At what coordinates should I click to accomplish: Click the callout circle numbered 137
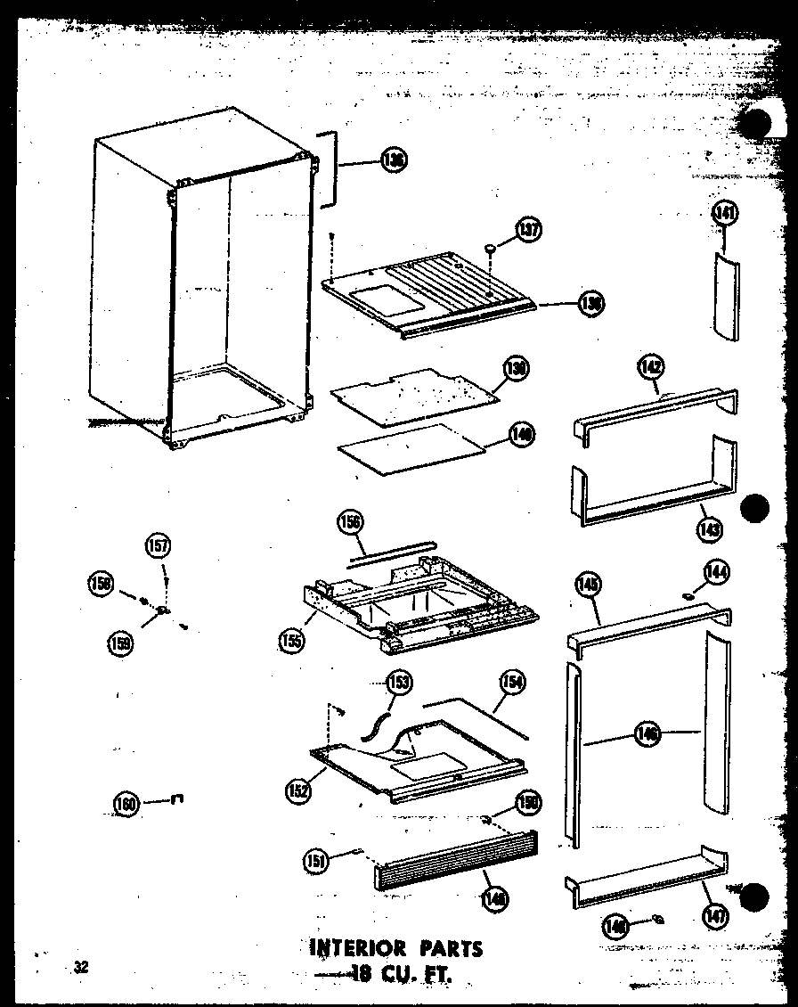pos(529,231)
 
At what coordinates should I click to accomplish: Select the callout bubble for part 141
pos(726,214)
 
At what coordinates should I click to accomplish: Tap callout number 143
pos(711,529)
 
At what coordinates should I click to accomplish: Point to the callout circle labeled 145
pos(589,585)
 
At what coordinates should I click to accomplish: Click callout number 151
pos(316,860)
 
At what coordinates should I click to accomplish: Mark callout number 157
pos(159,546)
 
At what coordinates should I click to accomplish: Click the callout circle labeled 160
pos(127,804)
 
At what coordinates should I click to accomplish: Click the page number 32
pos(82,968)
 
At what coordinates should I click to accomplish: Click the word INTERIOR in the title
pos(359,946)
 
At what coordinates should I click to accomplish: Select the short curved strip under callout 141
pos(724,296)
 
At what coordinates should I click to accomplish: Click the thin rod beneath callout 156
pos(390,552)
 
